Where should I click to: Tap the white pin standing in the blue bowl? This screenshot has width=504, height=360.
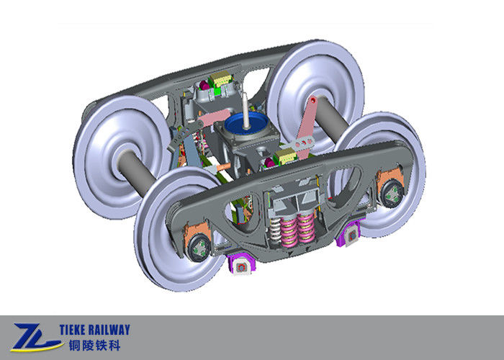coord(246,110)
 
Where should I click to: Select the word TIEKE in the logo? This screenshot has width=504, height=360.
coord(72,330)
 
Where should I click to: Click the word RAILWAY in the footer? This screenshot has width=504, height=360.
coord(109,330)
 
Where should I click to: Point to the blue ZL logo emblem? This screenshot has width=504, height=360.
coord(35,338)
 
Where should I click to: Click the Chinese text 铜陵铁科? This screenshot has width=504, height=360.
coord(94,346)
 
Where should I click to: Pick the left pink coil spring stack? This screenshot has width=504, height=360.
coord(288,232)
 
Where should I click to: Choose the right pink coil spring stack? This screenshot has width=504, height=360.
coord(306,228)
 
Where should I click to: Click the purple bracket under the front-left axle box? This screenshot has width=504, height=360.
coord(241,264)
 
